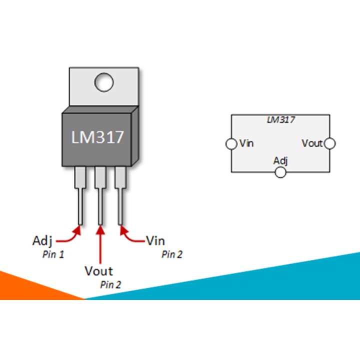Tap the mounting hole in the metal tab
[x=103, y=82]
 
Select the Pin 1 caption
[x=53, y=254]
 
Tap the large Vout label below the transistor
[x=98, y=271]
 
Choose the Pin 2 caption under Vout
[x=110, y=285]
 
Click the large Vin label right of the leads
[x=155, y=240]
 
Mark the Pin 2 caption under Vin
[x=171, y=254]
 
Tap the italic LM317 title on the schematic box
[x=280, y=120]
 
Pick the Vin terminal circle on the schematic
[x=231, y=144]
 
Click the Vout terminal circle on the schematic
[x=329, y=144]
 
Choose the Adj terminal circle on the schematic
[x=280, y=172]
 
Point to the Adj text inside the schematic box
[x=280, y=160]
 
